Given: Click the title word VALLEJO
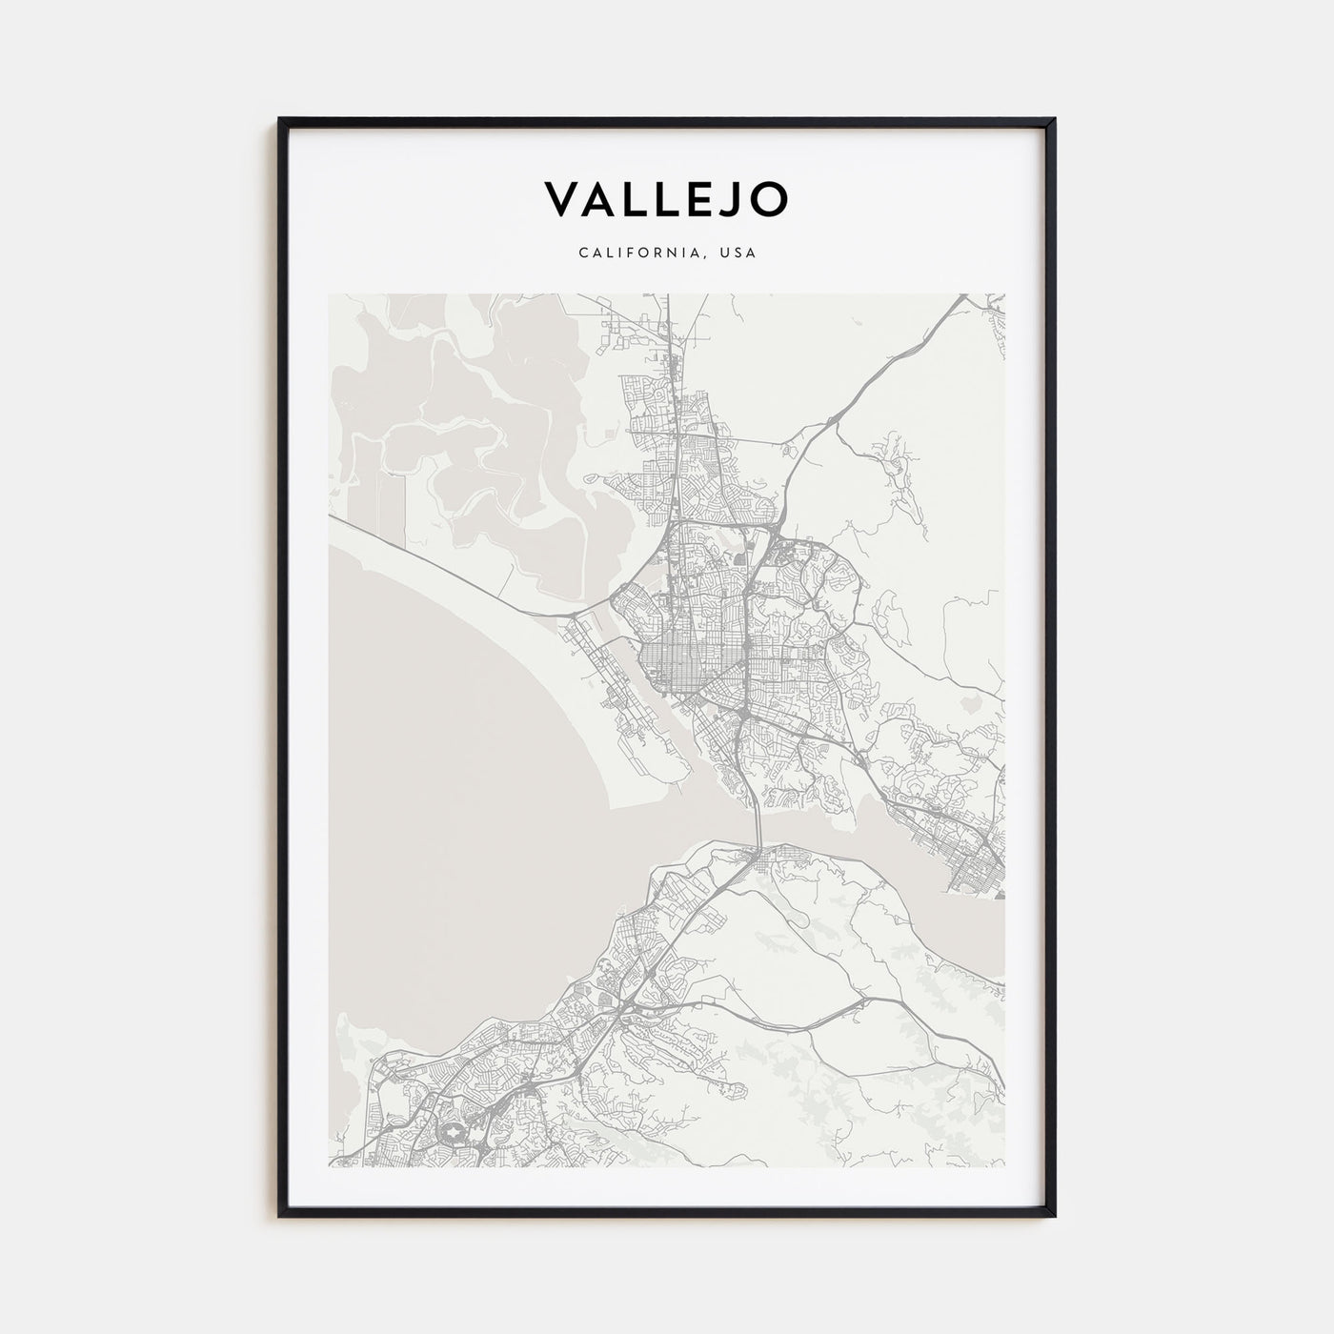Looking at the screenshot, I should pyautogui.click(x=666, y=198).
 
